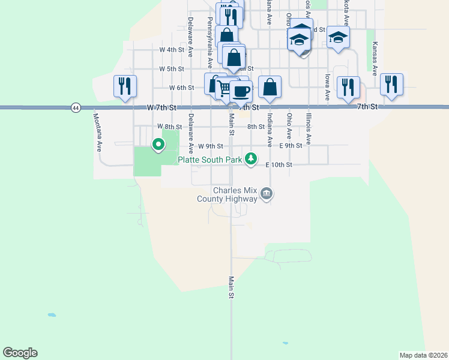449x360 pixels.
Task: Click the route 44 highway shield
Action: (x=75, y=107)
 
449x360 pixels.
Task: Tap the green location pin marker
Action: (x=158, y=145)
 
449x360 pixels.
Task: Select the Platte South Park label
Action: (x=209, y=160)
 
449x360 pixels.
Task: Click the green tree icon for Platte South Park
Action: (x=251, y=159)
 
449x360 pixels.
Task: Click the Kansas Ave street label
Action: (x=375, y=58)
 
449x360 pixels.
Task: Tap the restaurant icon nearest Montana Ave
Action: (x=125, y=86)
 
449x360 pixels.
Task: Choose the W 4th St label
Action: (x=171, y=50)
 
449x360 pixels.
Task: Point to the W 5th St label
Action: (x=171, y=69)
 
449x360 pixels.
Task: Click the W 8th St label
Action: (x=169, y=127)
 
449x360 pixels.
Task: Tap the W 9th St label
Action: (x=211, y=146)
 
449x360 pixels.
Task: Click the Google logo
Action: (x=20, y=353)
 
